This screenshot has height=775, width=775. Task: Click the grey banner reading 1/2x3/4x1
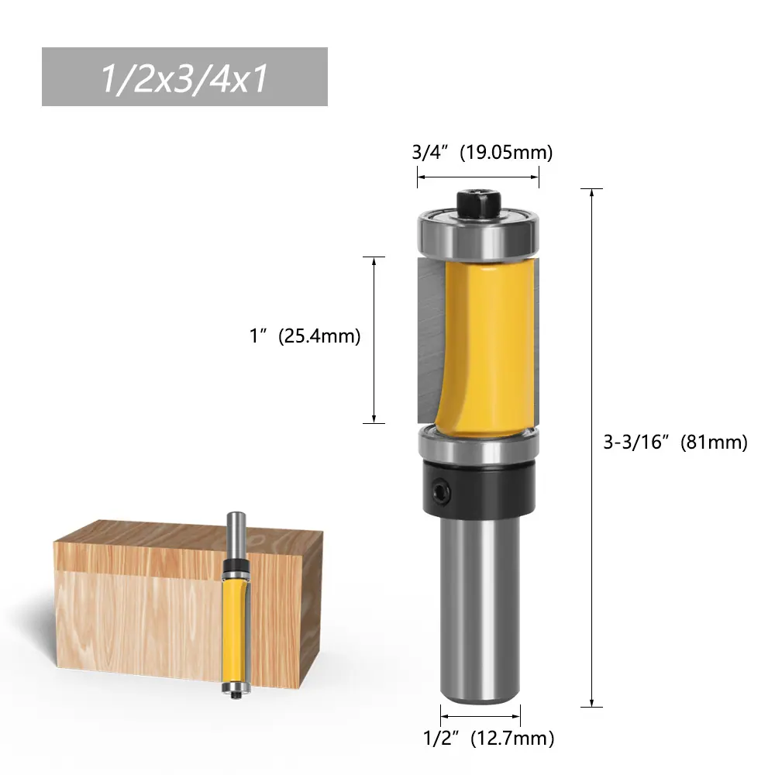point(184,77)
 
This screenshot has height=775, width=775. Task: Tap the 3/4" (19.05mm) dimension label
point(482,152)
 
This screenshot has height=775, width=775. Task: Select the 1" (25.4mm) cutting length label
point(305,336)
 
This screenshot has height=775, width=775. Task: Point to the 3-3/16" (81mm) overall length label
point(675,442)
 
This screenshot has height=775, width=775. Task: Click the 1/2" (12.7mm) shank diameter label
point(489,739)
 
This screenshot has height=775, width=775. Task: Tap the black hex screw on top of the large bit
point(478,202)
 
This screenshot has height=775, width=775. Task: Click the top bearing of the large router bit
point(478,235)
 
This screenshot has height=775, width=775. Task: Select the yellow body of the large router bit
point(487,349)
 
